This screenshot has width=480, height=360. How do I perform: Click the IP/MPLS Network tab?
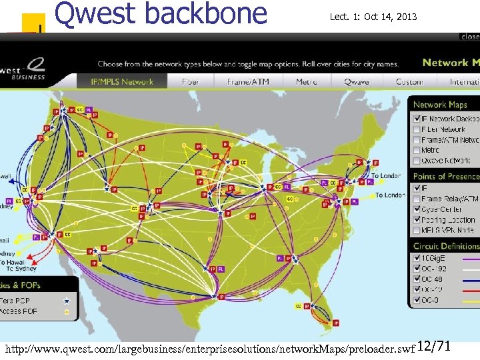[x=122, y=82]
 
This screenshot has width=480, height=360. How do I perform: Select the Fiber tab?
[x=191, y=82]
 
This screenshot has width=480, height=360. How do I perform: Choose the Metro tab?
[x=307, y=82]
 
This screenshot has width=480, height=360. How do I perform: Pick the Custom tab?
[x=409, y=82]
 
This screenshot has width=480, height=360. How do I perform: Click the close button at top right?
[x=469, y=37]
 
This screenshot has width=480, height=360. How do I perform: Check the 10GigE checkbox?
[x=416, y=257]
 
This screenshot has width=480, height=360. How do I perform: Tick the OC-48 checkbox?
[x=416, y=279]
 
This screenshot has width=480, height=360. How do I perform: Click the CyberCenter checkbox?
[x=416, y=209]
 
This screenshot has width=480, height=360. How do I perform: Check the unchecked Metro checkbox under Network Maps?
[x=416, y=150]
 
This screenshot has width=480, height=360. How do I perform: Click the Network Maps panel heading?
[x=440, y=105]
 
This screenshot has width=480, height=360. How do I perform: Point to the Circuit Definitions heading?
[x=445, y=246]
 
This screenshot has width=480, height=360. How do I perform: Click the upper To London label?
[x=386, y=176]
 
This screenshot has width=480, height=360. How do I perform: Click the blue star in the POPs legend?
[x=65, y=301]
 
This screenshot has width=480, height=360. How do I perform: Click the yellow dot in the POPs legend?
[x=65, y=311]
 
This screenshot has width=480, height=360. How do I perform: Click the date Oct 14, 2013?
[x=390, y=17]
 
